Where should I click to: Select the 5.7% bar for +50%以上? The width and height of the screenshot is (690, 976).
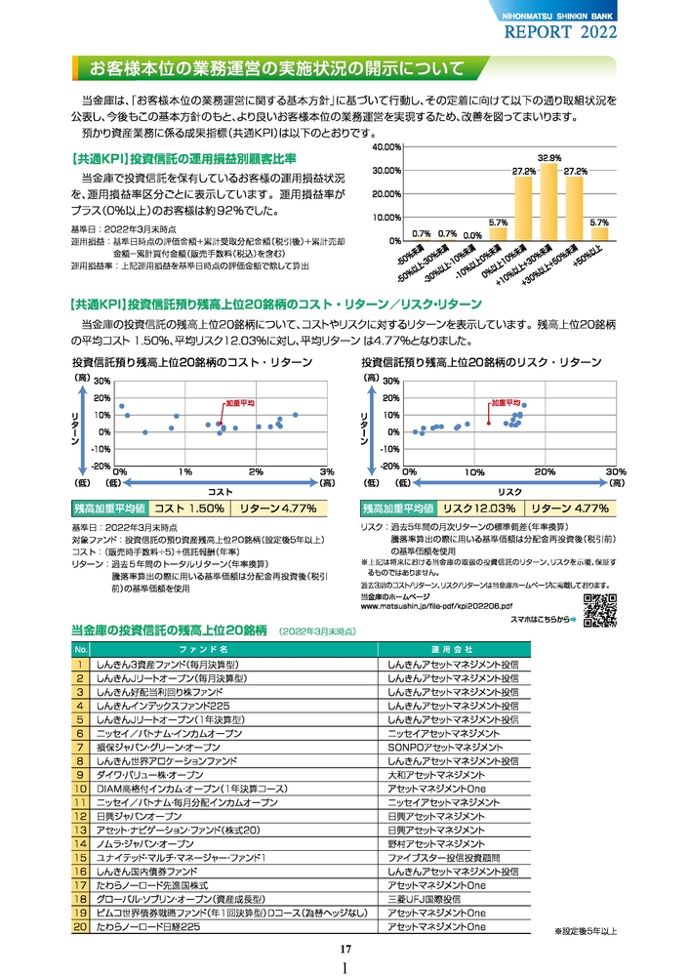(x=599, y=233)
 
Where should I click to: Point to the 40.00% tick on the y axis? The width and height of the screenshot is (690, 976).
(x=386, y=146)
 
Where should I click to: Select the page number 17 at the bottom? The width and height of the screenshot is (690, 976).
(x=345, y=950)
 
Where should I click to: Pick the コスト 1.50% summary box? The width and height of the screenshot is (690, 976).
(x=189, y=508)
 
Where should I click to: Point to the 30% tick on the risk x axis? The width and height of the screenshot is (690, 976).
(x=615, y=471)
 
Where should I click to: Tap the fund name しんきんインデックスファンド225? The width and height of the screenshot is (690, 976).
(x=163, y=706)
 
